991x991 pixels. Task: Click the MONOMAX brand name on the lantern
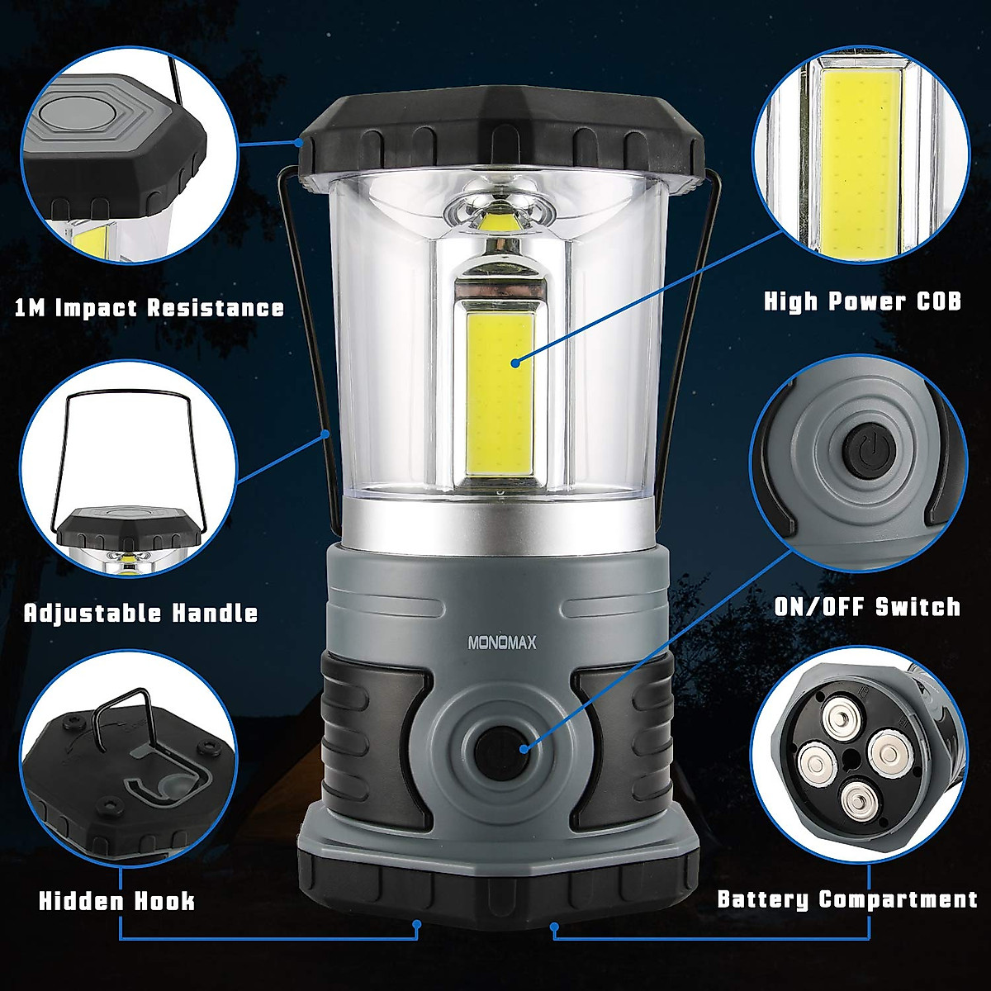[501, 642]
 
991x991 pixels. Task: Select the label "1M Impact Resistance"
[149, 308]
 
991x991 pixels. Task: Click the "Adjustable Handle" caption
[140, 614]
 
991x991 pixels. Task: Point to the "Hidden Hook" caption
[116, 899]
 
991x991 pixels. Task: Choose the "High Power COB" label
[862, 301]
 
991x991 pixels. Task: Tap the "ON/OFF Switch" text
[867, 607]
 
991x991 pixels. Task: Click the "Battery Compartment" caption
[846, 899]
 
